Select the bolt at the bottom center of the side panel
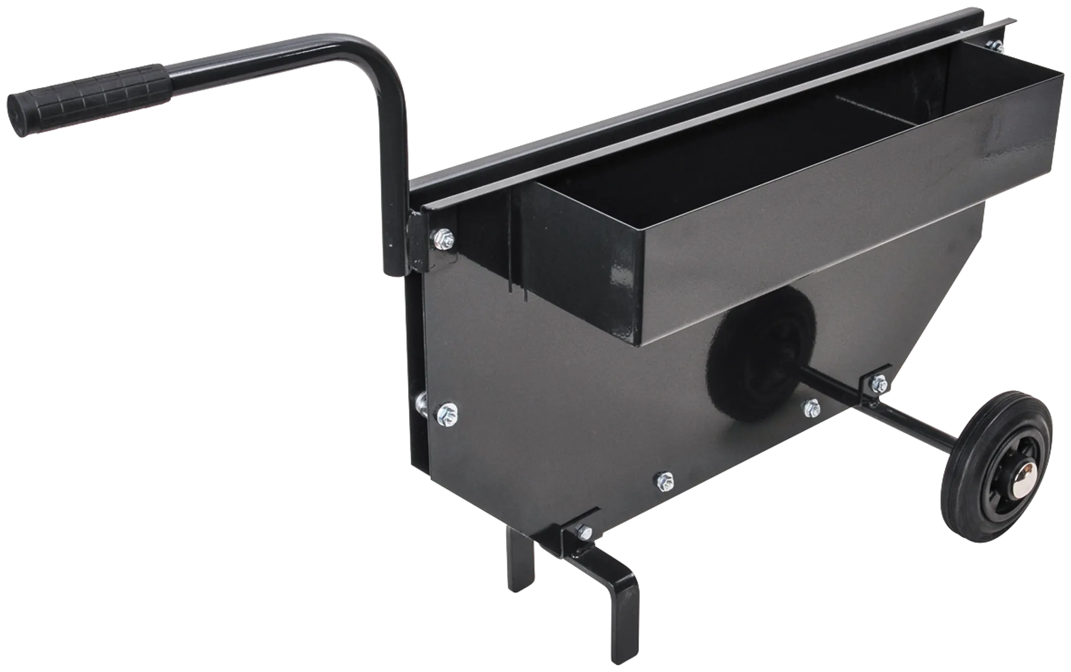click(665, 480)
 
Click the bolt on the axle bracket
click(878, 382)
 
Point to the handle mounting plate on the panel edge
click(417, 241)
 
